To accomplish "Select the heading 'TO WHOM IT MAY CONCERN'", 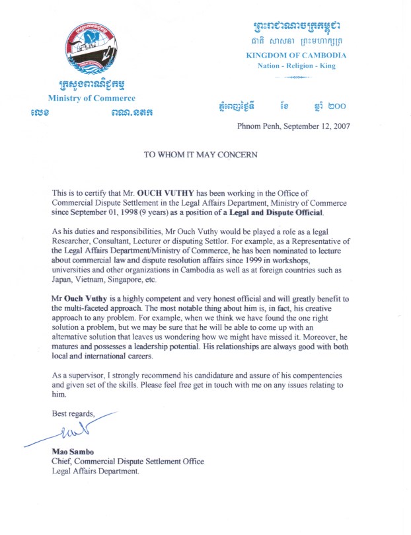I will point(201,154).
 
